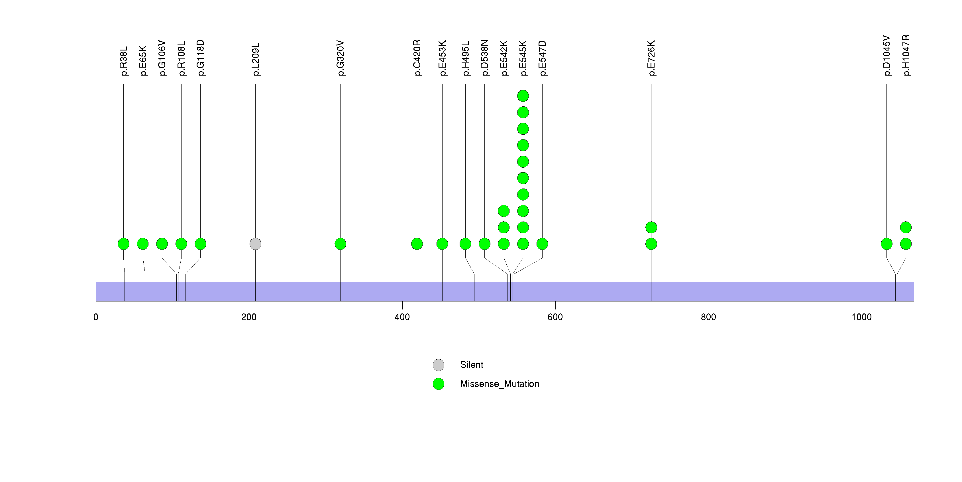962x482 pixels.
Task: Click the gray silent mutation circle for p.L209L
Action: pos(255,244)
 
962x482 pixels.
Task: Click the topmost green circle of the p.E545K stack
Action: pos(523,96)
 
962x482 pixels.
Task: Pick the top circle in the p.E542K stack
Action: pos(504,211)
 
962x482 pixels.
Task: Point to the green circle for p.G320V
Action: pos(340,244)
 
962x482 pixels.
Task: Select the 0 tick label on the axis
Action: pos(96,317)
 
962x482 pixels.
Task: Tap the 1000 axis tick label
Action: pos(861,317)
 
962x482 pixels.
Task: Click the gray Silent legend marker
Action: pos(439,365)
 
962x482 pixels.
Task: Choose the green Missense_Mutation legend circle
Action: pos(439,384)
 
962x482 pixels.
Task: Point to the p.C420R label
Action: pos(417,58)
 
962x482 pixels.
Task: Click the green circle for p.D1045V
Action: pos(886,244)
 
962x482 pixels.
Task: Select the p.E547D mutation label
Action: pos(542,58)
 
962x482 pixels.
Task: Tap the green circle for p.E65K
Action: pos(143,244)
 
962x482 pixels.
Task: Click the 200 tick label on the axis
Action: pos(249,317)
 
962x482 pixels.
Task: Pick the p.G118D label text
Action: pos(201,58)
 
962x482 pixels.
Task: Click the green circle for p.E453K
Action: pos(442,244)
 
